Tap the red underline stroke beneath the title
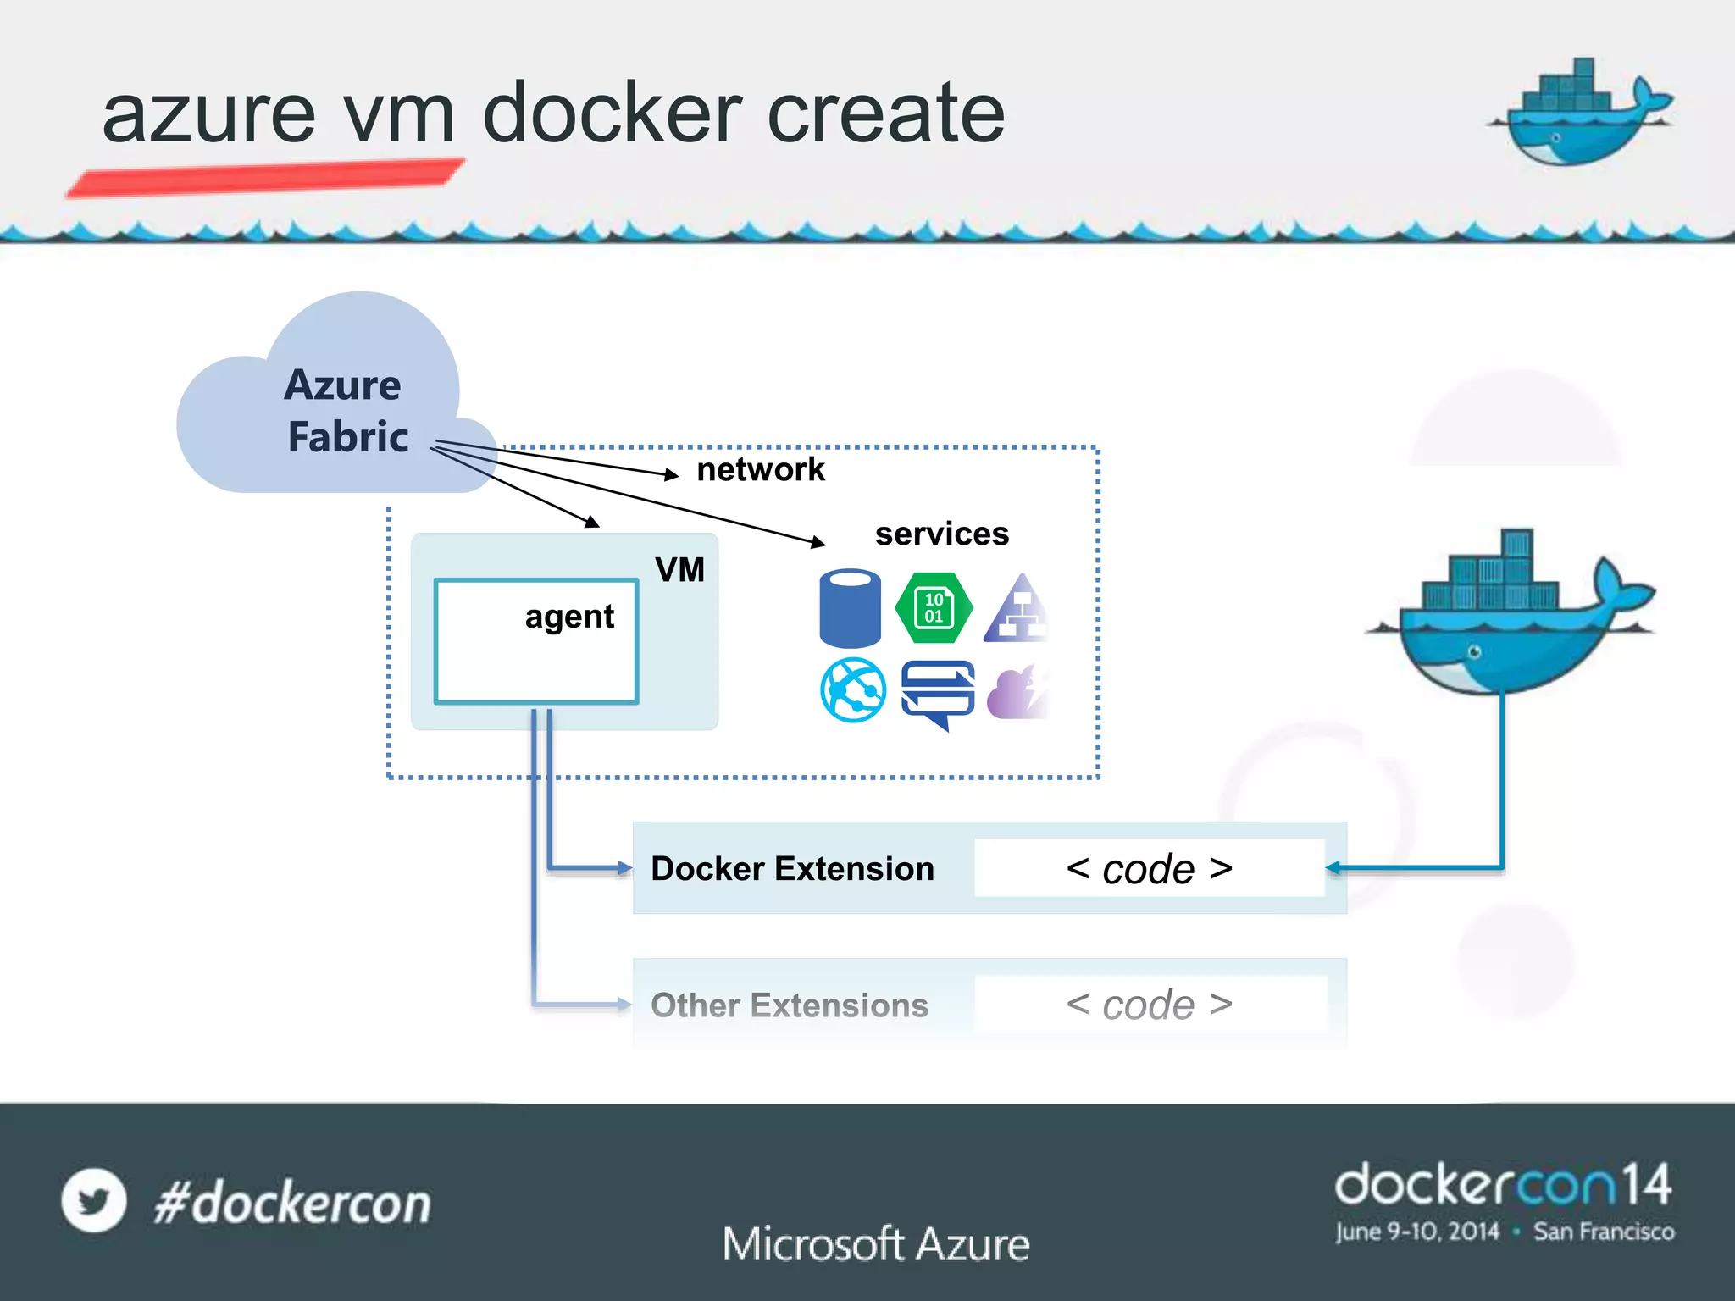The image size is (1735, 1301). click(264, 178)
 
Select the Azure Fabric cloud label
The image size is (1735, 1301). click(346, 411)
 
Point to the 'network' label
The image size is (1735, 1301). click(760, 469)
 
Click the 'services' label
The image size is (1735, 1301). click(941, 534)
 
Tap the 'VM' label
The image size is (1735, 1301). click(679, 569)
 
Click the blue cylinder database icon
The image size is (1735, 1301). click(850, 608)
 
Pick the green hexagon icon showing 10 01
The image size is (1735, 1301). click(934, 608)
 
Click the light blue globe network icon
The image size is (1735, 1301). click(853, 689)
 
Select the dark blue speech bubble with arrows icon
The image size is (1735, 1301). click(938, 693)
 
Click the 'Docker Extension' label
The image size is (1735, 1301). click(792, 868)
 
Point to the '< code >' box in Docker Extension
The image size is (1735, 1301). click(1149, 868)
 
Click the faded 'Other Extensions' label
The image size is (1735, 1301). click(789, 1005)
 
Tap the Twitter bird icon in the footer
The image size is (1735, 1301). click(93, 1200)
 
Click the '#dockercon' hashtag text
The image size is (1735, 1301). click(292, 1203)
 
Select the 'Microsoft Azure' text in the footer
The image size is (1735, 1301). click(876, 1244)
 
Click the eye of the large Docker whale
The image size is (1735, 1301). click(1474, 651)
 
